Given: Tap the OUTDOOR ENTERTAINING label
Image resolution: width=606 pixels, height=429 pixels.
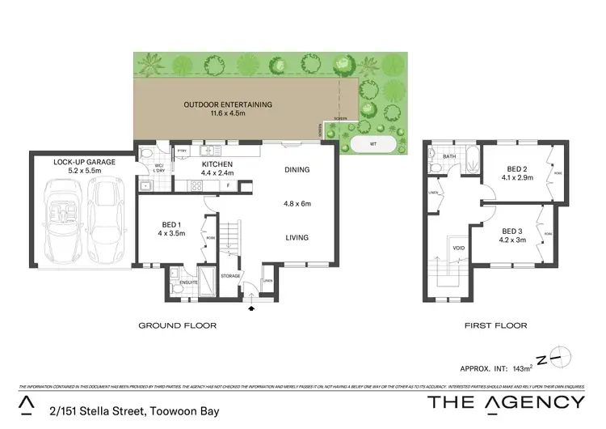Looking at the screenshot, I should click(x=228, y=104).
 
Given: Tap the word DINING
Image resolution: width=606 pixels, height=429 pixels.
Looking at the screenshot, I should click(x=297, y=170).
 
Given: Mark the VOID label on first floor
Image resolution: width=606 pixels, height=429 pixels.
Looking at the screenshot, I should click(x=457, y=248).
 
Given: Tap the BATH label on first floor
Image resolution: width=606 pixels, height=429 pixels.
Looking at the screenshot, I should click(x=450, y=156).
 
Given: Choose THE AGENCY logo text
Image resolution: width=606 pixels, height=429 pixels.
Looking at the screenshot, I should click(x=507, y=402).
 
